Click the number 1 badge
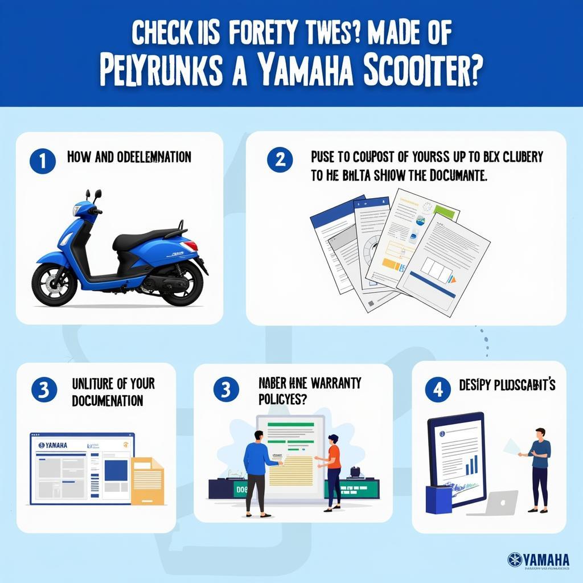(42, 161)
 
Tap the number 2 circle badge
(280, 160)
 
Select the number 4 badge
(438, 390)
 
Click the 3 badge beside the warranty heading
(226, 390)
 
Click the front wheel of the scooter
(54, 283)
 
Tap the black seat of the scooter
(142, 239)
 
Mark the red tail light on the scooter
(190, 245)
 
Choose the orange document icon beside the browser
(147, 481)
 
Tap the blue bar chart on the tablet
(471, 466)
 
